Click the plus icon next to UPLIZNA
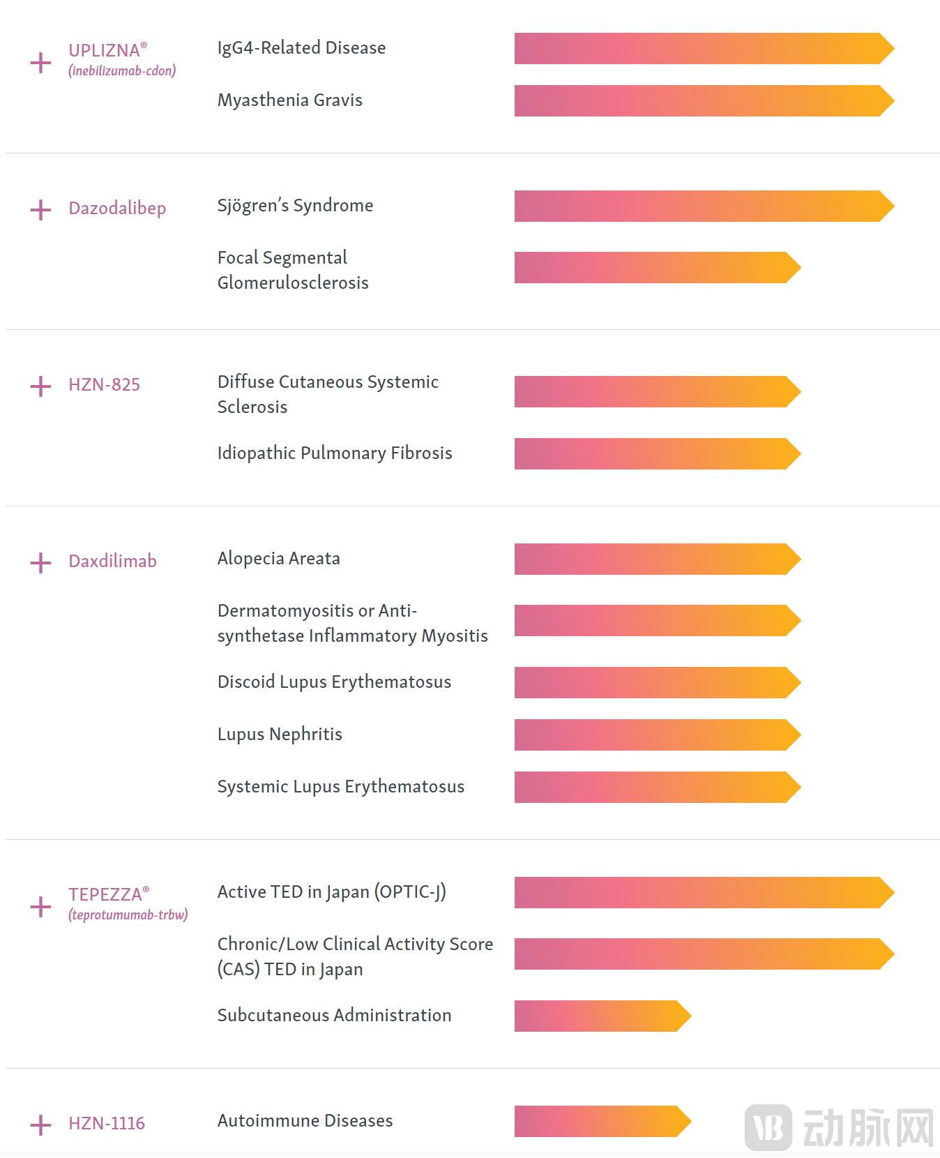click(x=40, y=63)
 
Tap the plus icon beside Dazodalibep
click(x=40, y=210)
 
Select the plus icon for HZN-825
click(x=40, y=386)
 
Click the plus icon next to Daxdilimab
click(x=40, y=563)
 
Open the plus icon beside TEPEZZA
click(x=40, y=907)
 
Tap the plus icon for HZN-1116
click(x=40, y=1125)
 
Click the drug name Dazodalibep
click(x=117, y=209)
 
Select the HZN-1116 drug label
click(x=107, y=1123)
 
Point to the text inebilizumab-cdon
click(x=122, y=70)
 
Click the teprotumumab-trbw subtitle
click(x=128, y=915)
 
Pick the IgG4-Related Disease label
click(x=301, y=48)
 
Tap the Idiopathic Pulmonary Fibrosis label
click(x=335, y=453)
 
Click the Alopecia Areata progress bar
click(x=656, y=559)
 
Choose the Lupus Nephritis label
click(x=280, y=735)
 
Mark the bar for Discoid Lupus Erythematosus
click(x=656, y=682)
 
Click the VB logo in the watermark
click(x=768, y=1127)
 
